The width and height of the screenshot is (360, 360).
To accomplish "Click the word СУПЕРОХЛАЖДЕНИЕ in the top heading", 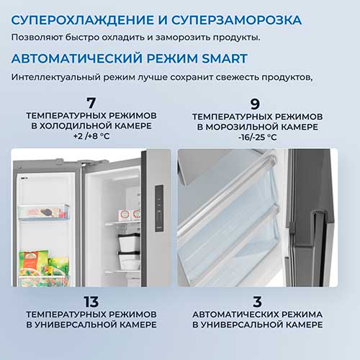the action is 82,20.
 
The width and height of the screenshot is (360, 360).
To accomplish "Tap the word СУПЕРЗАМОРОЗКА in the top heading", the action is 236,20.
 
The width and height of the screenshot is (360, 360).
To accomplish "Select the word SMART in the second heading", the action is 225,58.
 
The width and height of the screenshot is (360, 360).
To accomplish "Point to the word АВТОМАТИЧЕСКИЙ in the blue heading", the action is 77,58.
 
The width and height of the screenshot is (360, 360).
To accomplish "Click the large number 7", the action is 91,103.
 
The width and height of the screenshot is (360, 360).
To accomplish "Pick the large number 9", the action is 255,104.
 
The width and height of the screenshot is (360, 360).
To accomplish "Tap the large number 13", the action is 91,302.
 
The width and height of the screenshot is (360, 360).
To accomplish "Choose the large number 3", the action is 257,302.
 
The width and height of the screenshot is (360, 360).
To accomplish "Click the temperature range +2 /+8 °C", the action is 91,136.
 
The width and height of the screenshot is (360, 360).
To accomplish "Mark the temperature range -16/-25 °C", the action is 258,138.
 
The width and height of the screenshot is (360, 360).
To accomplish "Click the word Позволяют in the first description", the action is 37,37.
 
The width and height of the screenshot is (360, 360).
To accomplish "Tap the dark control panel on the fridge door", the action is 159,208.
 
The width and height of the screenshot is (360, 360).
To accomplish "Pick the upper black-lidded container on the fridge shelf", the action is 129,243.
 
